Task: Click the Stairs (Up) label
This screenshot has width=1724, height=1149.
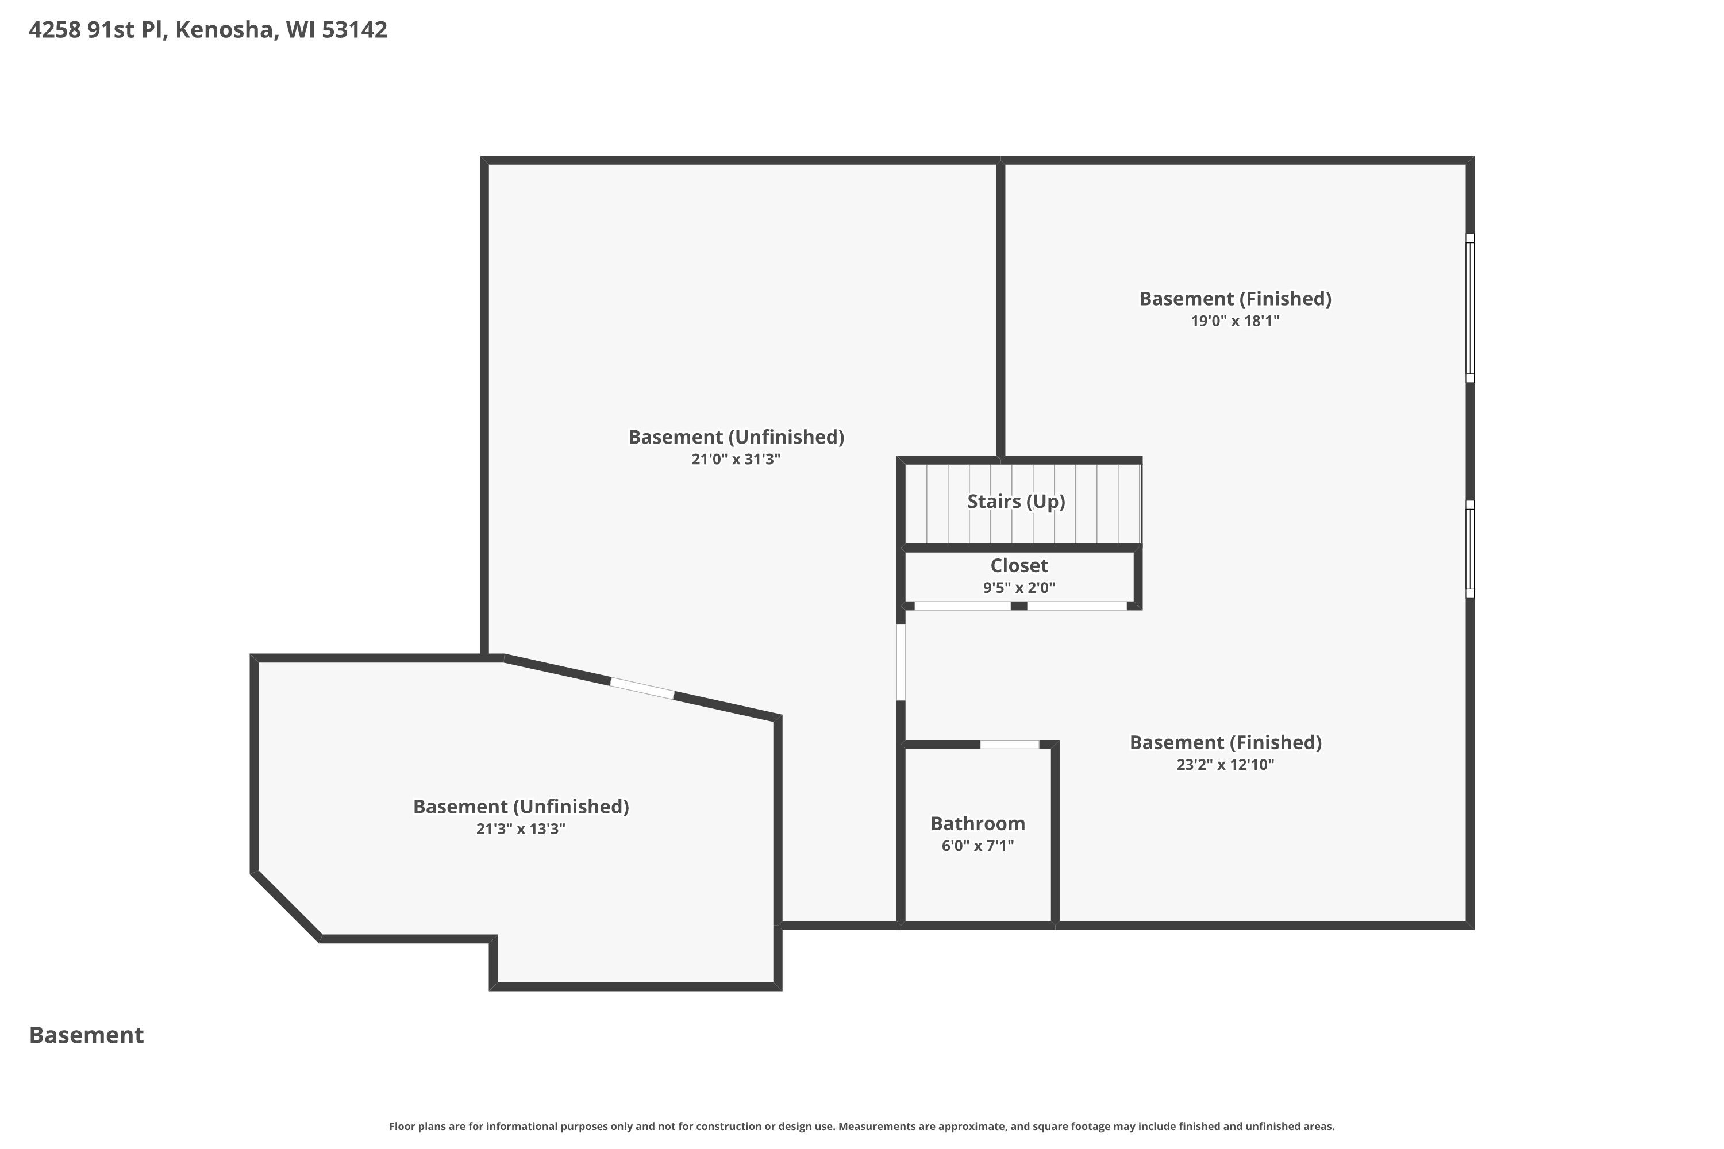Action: click(1016, 502)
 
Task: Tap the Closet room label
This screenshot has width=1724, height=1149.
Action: click(1019, 566)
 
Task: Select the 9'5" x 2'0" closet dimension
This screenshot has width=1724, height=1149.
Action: click(1019, 588)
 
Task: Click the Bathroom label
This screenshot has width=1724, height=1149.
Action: click(978, 824)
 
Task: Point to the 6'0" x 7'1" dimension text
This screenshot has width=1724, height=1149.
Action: click(978, 846)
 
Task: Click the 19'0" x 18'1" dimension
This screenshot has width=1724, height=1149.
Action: click(1235, 321)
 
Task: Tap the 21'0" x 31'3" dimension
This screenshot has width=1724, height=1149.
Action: click(736, 460)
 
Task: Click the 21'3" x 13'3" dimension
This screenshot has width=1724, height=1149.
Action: click(521, 829)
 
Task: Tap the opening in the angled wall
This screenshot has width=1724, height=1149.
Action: click(642, 688)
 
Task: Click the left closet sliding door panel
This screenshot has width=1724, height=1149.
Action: click(963, 606)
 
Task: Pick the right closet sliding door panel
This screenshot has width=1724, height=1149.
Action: click(1077, 606)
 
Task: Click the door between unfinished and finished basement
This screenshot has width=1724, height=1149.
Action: click(901, 662)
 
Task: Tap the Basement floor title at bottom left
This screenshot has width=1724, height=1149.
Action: click(87, 1035)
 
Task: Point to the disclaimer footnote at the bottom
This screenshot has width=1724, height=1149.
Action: click(861, 1126)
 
